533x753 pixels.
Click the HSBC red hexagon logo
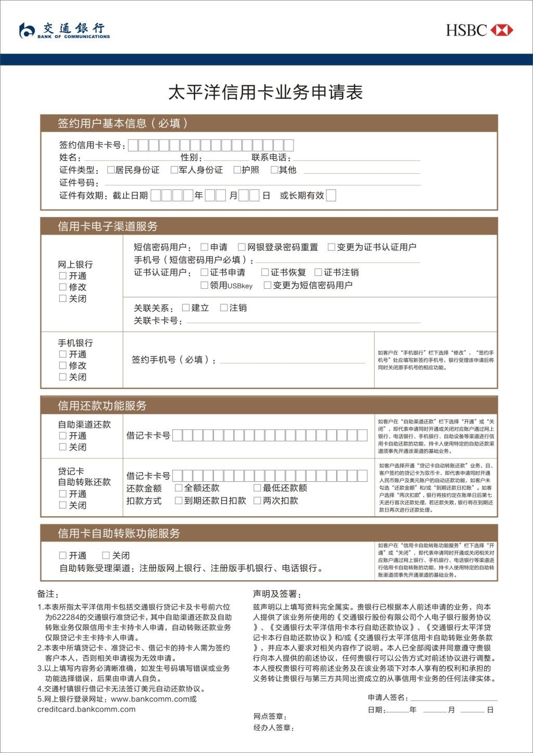(x=502, y=30)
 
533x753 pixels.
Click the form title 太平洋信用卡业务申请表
(x=265, y=93)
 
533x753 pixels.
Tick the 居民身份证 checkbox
(x=111, y=170)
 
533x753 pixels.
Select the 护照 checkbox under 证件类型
(x=237, y=170)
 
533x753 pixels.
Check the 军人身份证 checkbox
(x=174, y=170)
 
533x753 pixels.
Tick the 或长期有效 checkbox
(x=331, y=196)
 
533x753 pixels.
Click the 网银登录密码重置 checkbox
(x=242, y=247)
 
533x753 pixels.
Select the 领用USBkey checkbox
(x=205, y=285)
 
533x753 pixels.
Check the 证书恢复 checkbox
(x=265, y=272)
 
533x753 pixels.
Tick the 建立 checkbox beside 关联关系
(x=186, y=308)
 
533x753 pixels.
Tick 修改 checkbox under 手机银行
(x=63, y=365)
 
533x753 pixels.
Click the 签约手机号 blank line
(x=293, y=361)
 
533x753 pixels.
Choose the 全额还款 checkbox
(x=179, y=488)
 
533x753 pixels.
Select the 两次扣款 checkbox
(x=257, y=501)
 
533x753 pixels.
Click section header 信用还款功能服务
(x=102, y=406)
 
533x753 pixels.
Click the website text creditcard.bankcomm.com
(x=86, y=709)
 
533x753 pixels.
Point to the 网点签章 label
(x=270, y=717)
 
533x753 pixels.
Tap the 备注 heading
(x=48, y=594)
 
